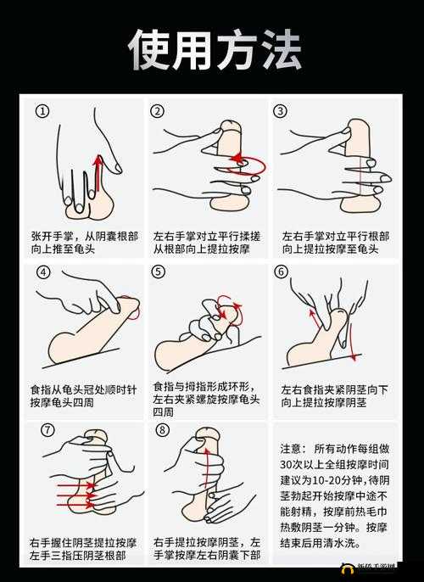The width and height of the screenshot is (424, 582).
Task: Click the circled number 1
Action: click(43, 111)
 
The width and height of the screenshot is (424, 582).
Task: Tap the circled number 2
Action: click(159, 111)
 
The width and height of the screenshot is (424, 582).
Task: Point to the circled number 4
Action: click(43, 273)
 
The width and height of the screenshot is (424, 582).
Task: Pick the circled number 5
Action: click(159, 273)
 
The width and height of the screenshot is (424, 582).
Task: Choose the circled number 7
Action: click(47, 431)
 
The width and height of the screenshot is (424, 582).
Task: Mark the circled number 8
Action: click(163, 431)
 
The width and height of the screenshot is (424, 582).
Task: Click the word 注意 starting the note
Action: click(291, 448)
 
